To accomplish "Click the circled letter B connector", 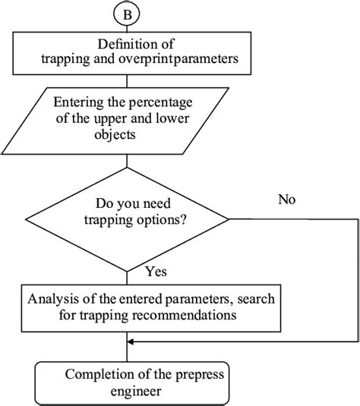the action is coord(127,14).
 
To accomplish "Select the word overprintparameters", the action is coord(178,59).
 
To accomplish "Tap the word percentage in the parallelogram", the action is coord(160,102).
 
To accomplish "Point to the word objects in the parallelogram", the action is coord(115,135).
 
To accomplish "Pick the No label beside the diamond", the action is coord(286,200).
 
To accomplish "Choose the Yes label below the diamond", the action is coord(156,272).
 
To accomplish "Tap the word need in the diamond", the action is coord(157,203).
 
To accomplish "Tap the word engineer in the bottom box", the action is coord(136,392).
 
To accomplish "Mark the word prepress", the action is coord(200,375).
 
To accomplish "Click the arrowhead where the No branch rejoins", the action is coord(130,341).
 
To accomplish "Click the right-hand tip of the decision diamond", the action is coord(229,219).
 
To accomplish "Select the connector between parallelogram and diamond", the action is coord(127,161).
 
